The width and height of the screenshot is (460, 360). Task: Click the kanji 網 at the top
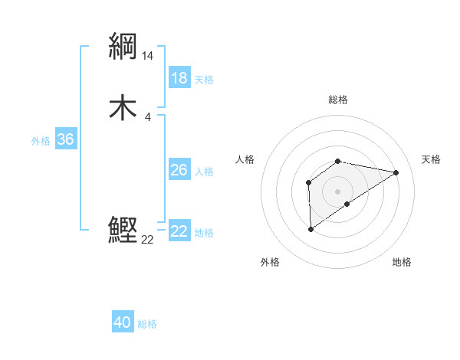pyautogui.click(x=123, y=47)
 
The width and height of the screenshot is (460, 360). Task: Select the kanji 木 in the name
pyautogui.click(x=123, y=108)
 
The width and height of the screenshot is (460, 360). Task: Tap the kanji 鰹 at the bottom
pyautogui.click(x=123, y=229)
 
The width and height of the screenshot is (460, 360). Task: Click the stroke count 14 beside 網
pyautogui.click(x=148, y=56)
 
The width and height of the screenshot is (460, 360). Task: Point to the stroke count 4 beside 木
pyautogui.click(x=147, y=116)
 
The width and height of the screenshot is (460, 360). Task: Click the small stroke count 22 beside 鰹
pyautogui.click(x=147, y=239)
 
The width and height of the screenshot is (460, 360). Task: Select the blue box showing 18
pyautogui.click(x=179, y=78)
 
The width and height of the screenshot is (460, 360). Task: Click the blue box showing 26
pyautogui.click(x=179, y=170)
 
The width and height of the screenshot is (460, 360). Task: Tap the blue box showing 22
pyautogui.click(x=179, y=231)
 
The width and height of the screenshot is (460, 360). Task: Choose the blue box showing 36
pyautogui.click(x=65, y=139)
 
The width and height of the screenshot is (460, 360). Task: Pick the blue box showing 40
pyautogui.click(x=122, y=322)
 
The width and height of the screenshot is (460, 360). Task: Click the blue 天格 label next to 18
pyautogui.click(x=204, y=79)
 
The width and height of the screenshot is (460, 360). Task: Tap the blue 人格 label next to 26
pyautogui.click(x=204, y=171)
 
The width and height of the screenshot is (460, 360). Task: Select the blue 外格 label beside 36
pyautogui.click(x=41, y=140)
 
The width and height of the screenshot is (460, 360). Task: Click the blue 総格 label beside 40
pyautogui.click(x=147, y=323)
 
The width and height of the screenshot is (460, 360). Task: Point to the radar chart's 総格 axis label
pyautogui.click(x=338, y=100)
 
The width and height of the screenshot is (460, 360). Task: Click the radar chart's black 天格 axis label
pyautogui.click(x=432, y=159)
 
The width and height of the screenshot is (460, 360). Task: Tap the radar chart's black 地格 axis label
pyautogui.click(x=402, y=262)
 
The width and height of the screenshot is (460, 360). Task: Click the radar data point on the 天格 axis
pyautogui.click(x=396, y=172)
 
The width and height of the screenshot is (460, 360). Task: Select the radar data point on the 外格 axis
pyautogui.click(x=310, y=229)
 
